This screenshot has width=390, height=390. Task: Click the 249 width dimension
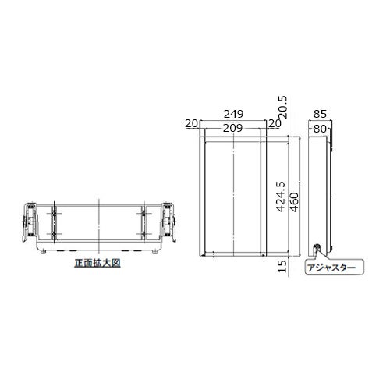point(234,114)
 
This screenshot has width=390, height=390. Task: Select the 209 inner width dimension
point(232,128)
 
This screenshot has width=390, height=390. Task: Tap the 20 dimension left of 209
point(192,123)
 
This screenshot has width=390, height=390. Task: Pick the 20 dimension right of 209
point(275,123)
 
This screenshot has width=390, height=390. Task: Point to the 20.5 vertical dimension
point(282,108)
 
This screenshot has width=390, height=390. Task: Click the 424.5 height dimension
point(280,197)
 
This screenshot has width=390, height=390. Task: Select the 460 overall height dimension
point(294,202)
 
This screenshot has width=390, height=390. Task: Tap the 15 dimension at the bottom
point(282,266)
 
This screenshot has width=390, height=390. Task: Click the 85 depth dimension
point(320,114)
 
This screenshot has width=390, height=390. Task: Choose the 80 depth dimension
point(320,129)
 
